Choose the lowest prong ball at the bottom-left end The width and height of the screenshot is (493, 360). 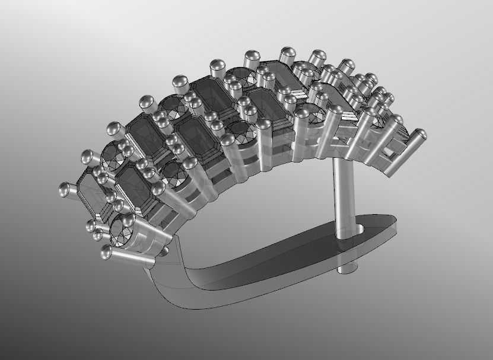(x=107, y=253)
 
